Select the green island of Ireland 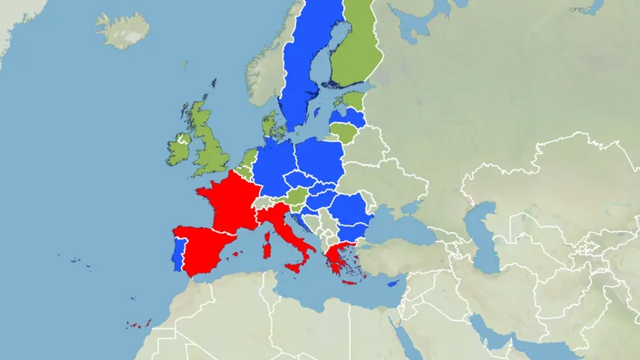pos(180,148)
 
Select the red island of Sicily pos(296,268)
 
